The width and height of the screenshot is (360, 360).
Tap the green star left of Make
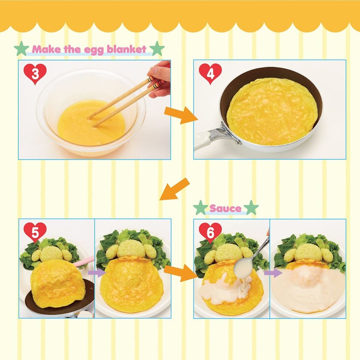(x=21, y=49)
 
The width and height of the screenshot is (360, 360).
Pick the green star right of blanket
(x=157, y=49)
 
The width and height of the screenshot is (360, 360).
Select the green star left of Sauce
(x=201, y=207)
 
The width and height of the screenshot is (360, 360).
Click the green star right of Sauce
(x=251, y=207)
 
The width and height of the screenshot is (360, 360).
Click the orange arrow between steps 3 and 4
(x=181, y=115)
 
